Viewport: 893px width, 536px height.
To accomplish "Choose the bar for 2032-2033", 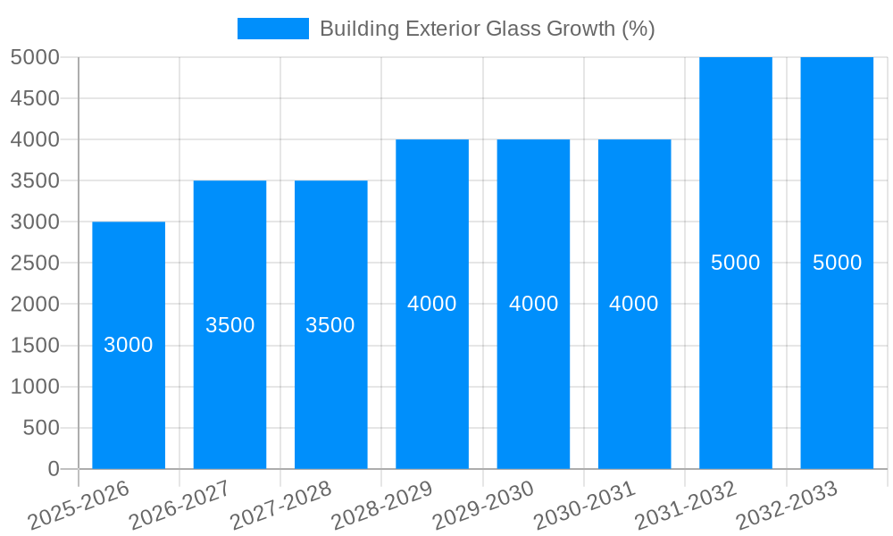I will click(837, 357).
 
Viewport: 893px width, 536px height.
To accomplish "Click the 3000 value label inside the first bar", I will click(129, 345).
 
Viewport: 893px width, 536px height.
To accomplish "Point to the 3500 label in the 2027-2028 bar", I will click(330, 325).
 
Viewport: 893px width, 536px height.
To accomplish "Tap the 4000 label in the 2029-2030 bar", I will click(533, 304).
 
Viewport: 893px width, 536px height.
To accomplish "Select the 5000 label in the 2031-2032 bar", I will click(736, 263).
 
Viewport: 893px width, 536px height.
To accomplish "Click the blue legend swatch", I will click(272, 29).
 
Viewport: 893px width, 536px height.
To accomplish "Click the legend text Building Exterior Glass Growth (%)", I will click(487, 29).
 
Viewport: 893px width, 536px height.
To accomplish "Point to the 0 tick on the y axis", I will click(53, 469).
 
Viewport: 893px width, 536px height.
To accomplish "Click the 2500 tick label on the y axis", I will click(35, 264).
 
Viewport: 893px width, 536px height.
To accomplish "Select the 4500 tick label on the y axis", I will click(35, 98).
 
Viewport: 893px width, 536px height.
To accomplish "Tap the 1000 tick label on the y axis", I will click(35, 387).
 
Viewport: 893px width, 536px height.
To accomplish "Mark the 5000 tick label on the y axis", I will click(35, 57).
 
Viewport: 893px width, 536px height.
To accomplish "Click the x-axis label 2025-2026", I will click(79, 506).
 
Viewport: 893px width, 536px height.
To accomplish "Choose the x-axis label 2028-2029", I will click(383, 506).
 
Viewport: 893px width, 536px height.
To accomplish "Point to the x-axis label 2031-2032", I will click(686, 506).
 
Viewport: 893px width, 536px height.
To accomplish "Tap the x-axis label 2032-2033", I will click(788, 506).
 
